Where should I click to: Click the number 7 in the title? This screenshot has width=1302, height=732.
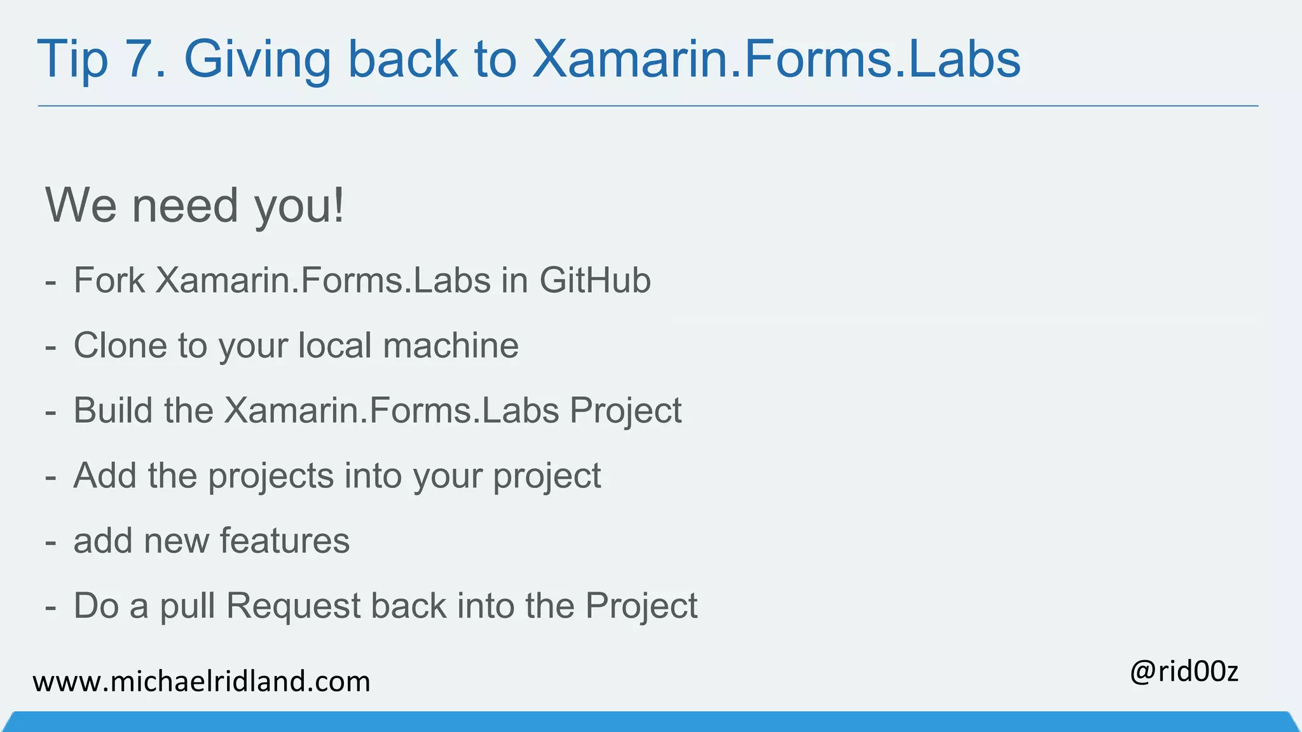pos(144,59)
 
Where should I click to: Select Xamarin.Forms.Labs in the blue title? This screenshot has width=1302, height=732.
pos(776,59)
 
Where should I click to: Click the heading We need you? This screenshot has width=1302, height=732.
pos(195,206)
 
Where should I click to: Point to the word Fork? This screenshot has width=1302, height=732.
pos(109,280)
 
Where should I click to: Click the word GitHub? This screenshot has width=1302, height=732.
pos(595,280)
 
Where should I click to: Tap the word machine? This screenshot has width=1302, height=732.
pos(451,346)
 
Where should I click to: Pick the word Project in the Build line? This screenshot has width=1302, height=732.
pos(626,412)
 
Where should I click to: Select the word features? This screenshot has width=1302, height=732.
pos(285,541)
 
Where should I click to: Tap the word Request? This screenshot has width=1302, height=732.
pos(294,606)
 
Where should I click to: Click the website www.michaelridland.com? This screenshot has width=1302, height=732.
pos(202,682)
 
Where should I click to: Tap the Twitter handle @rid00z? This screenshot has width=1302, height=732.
pos(1184,672)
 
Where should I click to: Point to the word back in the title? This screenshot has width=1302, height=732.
pos(402,59)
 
